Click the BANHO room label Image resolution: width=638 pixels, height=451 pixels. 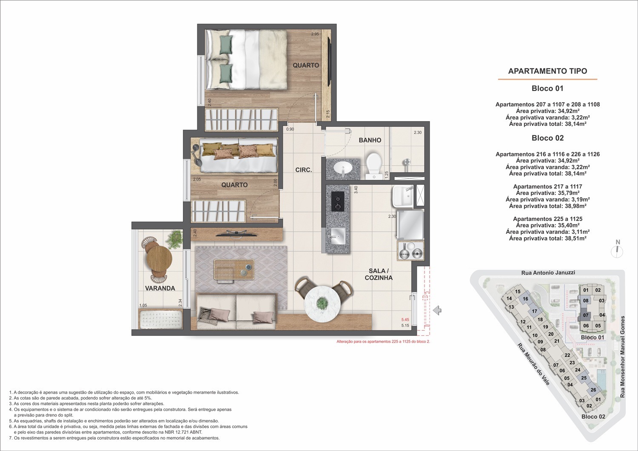pos(370,140)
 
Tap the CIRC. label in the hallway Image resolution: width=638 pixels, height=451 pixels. pos(304,170)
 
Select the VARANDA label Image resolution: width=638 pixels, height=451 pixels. pos(160,288)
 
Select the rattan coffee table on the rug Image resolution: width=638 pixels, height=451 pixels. pos(234,269)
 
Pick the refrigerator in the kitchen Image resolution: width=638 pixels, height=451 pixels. pos(410,224)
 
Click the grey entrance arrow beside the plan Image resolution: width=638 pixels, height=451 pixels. pos(437,310)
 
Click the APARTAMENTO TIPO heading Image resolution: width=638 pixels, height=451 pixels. pos(547,71)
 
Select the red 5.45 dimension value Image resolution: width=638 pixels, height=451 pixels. pos(405,320)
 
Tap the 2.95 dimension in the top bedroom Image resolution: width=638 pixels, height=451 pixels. pos(315,34)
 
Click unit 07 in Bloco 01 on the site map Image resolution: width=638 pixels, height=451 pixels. pos(586,315)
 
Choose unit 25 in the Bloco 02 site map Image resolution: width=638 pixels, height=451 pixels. pos(584,378)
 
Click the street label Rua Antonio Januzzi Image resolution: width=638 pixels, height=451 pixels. pos(548,272)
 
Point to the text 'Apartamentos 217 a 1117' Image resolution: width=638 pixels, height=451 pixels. pos(547,187)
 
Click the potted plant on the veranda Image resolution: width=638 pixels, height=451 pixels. pos(174,238)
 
